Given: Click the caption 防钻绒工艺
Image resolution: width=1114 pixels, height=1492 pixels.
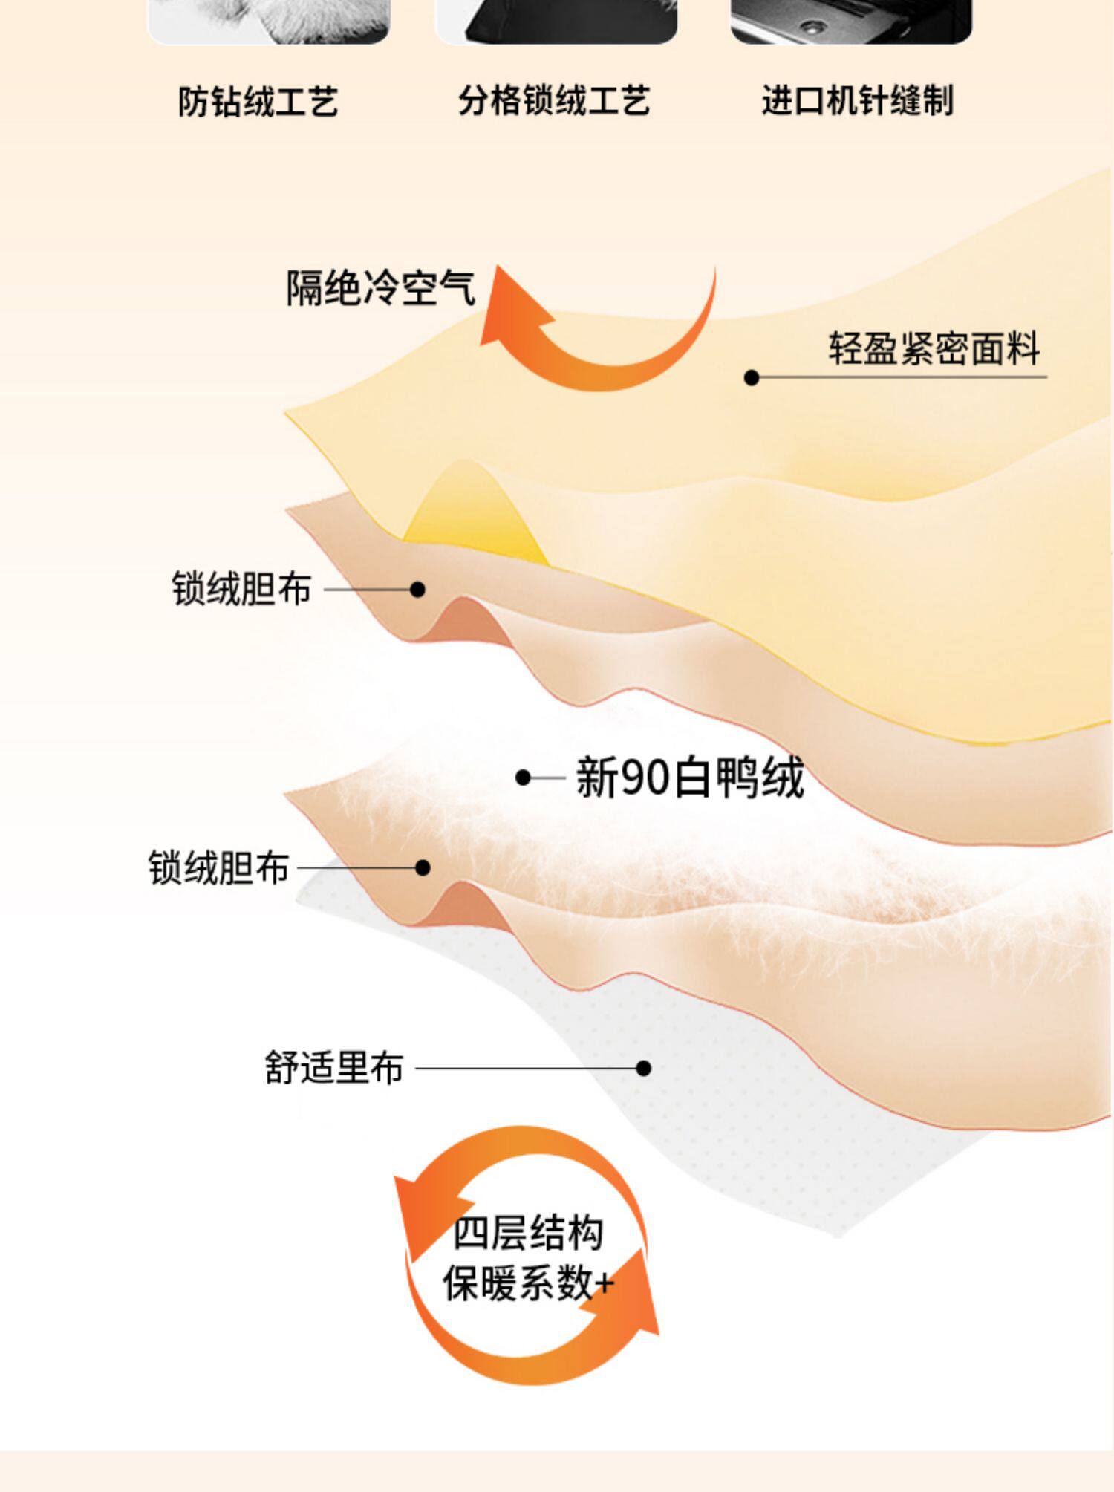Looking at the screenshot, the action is click(258, 102).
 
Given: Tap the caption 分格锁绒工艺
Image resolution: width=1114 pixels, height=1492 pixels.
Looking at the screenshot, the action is click(553, 100).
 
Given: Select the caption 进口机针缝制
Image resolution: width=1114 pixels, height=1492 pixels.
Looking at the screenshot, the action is click(857, 100).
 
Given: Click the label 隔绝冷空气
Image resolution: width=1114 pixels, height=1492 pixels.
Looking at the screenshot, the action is click(380, 288).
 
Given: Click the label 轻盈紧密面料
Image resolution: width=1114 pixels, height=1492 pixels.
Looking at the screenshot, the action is click(934, 348).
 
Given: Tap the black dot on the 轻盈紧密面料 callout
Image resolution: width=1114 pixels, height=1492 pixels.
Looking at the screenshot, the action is click(752, 378).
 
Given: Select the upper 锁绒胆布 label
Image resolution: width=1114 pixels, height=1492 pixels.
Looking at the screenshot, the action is click(241, 589).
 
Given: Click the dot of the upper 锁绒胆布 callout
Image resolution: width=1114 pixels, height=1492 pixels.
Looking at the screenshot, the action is click(417, 590).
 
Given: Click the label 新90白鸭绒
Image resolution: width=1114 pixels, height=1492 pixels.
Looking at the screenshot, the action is click(689, 778).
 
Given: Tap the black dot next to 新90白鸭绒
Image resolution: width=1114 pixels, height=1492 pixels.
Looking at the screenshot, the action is click(524, 778).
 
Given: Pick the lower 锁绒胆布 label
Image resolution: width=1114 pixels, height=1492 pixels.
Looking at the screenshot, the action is click(218, 867).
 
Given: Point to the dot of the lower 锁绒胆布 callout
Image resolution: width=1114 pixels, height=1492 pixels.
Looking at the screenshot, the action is click(423, 867).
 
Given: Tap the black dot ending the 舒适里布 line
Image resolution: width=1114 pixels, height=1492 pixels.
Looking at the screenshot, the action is click(644, 1069).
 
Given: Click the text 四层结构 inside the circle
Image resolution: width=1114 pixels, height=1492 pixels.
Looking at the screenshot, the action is click(528, 1234).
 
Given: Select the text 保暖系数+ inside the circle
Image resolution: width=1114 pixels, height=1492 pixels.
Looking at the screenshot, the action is click(520, 1283).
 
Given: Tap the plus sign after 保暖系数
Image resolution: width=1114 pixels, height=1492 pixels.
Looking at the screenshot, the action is click(604, 1283).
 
